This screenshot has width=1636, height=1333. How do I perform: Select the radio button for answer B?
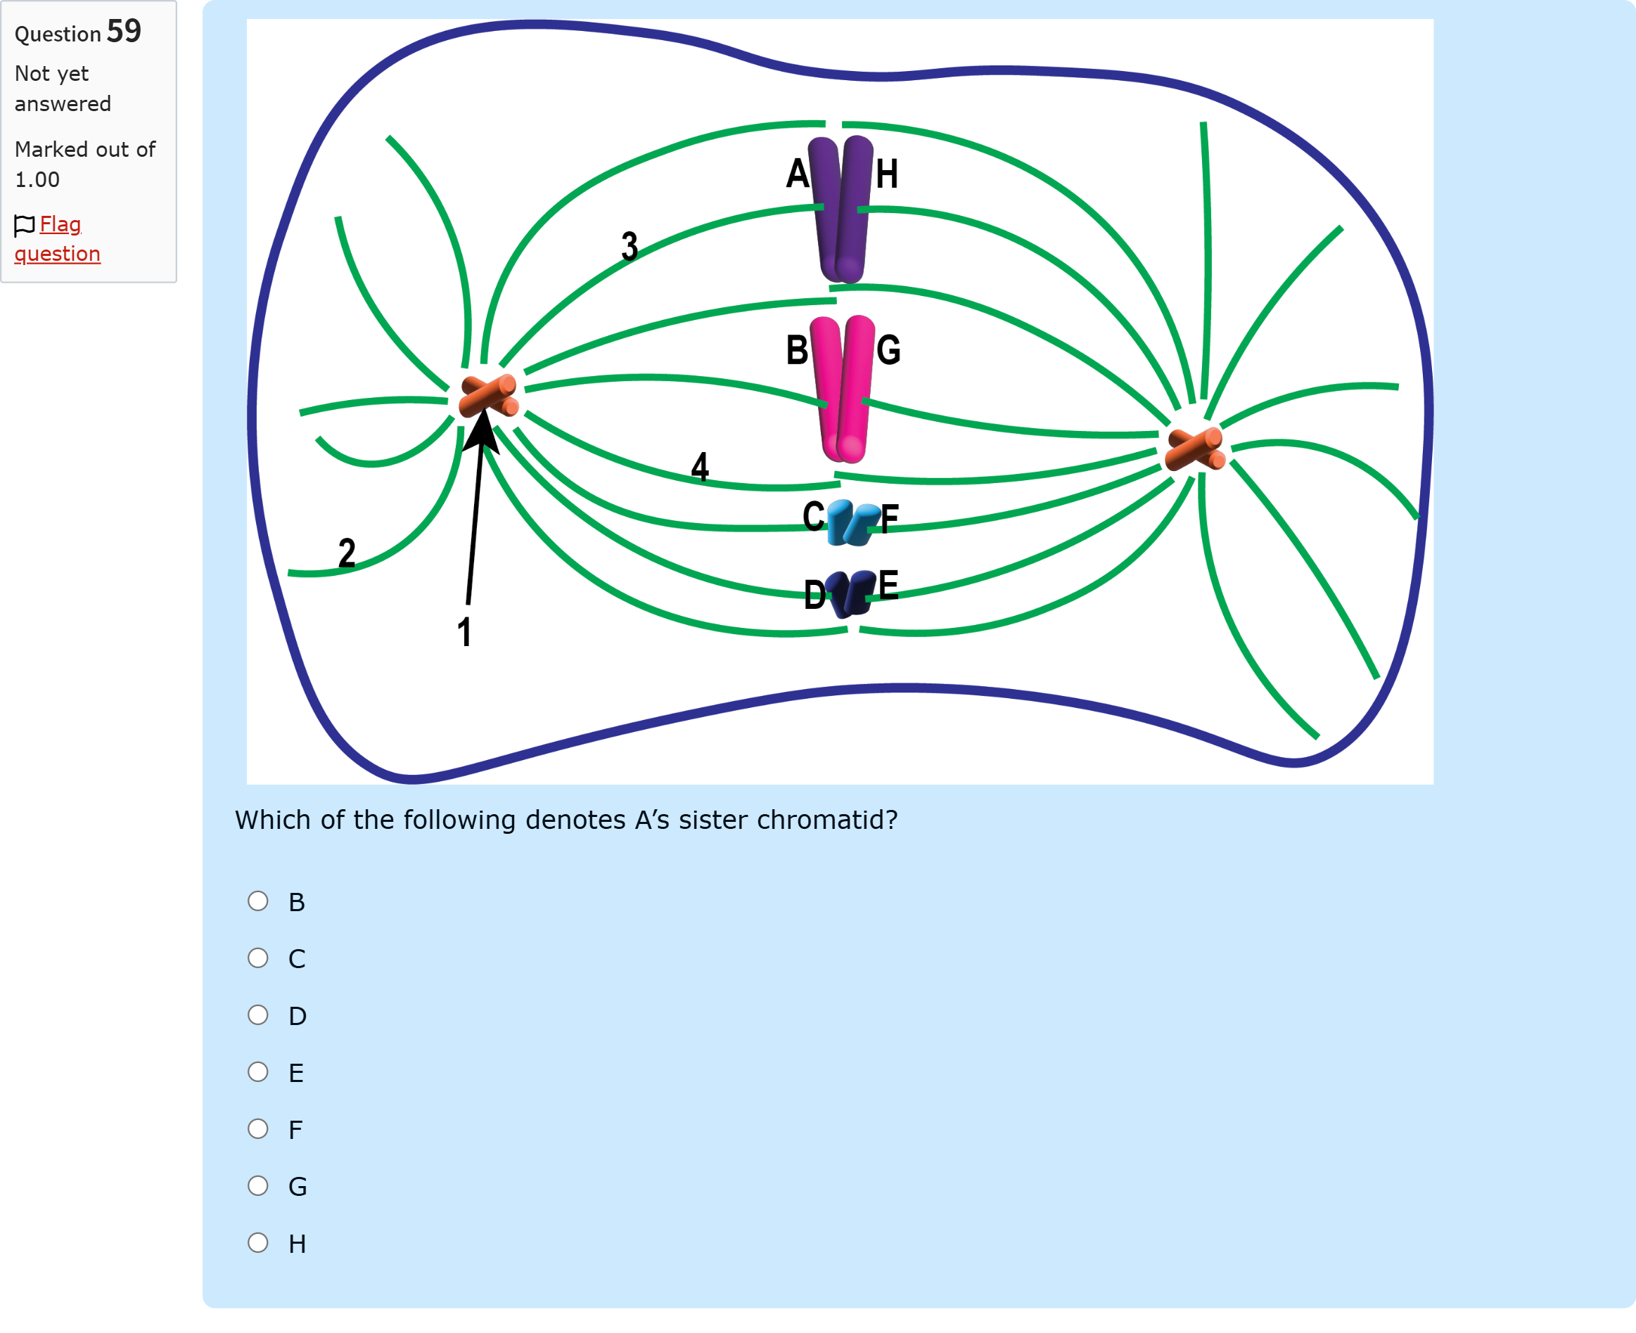pos(258,901)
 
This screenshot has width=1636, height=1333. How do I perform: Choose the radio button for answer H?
pos(258,1242)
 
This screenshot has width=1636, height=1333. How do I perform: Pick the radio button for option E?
pos(258,1071)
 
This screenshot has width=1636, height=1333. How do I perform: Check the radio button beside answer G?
pos(258,1185)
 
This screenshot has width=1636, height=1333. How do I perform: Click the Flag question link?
pos(58,239)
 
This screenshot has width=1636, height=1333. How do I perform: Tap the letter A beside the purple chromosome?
pos(798,174)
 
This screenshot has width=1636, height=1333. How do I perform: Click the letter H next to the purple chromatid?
pos(887,174)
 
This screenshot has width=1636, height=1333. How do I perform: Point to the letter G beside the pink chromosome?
pos(888,350)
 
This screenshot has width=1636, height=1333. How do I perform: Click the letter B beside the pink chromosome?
pos(798,350)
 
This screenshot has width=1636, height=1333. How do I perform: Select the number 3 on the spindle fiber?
pos(630,245)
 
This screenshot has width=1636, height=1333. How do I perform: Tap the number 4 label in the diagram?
pos(700,466)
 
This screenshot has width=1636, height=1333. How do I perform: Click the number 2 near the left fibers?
pos(347,552)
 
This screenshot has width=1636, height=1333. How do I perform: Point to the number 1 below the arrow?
pos(464,632)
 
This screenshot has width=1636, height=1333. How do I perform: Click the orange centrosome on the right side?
pos(1195,449)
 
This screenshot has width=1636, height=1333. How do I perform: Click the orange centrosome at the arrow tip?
pos(489,397)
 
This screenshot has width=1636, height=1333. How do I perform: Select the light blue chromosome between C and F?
pos(852,523)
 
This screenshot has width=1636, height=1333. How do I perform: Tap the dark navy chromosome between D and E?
pos(851,594)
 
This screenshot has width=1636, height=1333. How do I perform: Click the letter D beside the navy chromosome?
pos(815,595)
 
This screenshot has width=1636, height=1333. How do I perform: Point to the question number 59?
pos(124,31)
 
